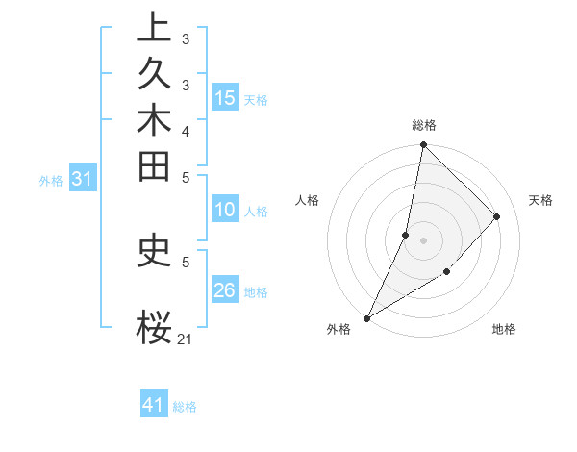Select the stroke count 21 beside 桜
[185, 339]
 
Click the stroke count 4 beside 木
[185, 131]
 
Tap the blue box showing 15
[225, 98]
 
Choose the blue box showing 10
[225, 211]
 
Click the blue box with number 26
[225, 291]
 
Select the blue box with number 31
[83, 179]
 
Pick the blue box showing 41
[154, 405]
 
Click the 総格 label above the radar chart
[424, 125]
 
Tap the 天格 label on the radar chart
[540, 200]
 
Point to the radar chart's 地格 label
[504, 329]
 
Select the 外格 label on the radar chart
[339, 329]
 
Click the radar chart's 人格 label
[308, 200]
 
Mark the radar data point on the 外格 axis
[366, 318]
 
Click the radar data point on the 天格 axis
[497, 216]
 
